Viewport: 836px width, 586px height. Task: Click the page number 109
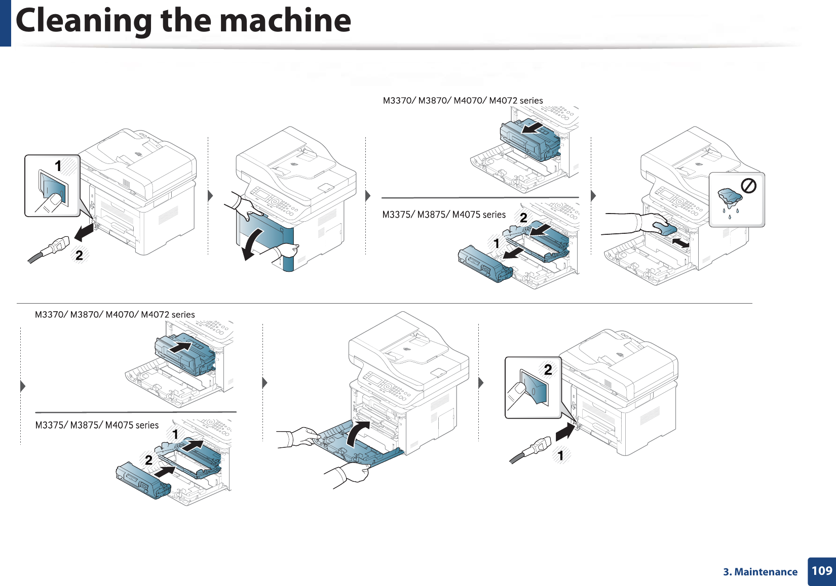822,571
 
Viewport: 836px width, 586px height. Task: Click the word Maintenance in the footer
766,572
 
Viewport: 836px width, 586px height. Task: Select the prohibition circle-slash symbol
748,186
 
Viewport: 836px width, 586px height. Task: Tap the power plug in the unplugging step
49,249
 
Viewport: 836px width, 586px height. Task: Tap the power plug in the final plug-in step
530,449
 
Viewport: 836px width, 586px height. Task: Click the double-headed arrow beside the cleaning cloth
681,243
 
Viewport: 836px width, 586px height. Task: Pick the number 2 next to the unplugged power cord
79,256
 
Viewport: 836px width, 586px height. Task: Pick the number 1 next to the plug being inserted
560,455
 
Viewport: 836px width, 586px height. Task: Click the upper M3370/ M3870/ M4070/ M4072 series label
463,101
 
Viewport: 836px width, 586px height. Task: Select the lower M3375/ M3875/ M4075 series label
97,425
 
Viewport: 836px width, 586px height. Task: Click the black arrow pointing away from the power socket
84,231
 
